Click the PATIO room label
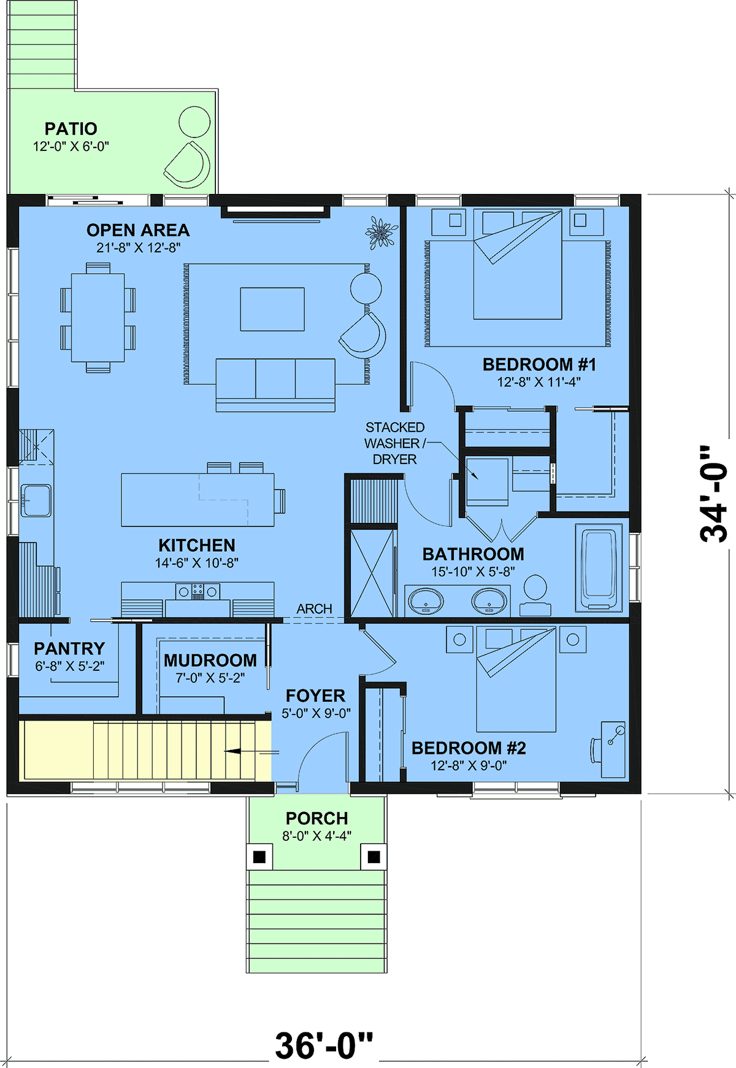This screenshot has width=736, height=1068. pos(71,129)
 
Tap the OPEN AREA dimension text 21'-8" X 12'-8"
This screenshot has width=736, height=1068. pos(138,248)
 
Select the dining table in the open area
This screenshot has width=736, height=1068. pos(98,317)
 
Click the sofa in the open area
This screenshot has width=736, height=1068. pos(275,385)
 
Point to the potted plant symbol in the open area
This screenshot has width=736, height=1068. pos(381,233)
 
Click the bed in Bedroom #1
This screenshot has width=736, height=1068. pos(518,264)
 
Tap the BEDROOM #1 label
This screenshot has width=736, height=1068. pos(539,365)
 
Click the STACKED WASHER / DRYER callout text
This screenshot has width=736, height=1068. pos(395,443)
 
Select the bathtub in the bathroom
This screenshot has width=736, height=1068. pos(599,567)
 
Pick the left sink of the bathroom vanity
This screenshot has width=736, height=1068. pos(425,601)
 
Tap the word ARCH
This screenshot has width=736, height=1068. pos(315,609)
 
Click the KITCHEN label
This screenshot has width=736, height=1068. pos(197,546)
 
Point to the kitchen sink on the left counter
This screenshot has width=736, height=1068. pos(37,500)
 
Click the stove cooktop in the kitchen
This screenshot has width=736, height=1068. pos(197,592)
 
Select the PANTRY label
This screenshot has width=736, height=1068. pos(69,649)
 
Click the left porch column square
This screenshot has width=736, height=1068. pos(259,856)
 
